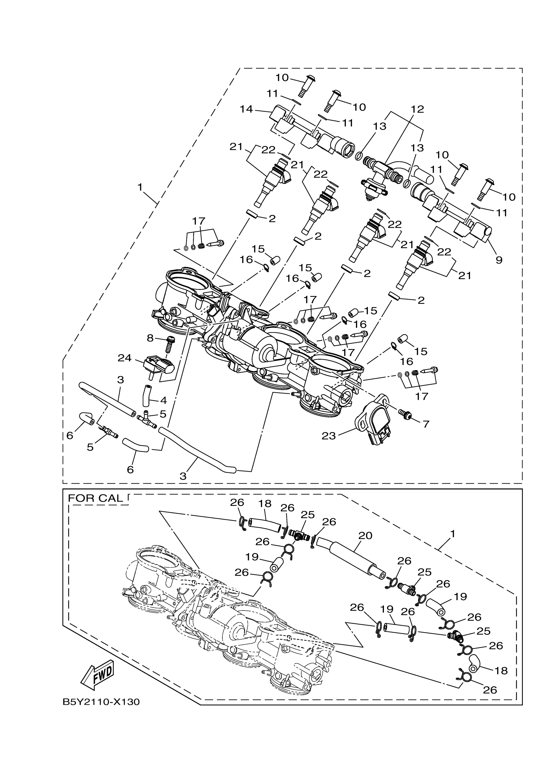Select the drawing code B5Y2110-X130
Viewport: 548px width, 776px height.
click(x=101, y=702)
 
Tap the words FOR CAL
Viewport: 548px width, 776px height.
click(x=95, y=499)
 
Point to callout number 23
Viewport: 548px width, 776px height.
click(x=328, y=436)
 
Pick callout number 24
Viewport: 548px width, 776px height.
click(x=125, y=358)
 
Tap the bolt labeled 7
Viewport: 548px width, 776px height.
click(x=404, y=414)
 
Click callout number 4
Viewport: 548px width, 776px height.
click(x=163, y=400)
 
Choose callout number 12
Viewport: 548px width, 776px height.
click(x=417, y=109)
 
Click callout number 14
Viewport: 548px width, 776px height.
click(x=247, y=109)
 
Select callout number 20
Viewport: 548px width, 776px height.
click(x=365, y=535)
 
